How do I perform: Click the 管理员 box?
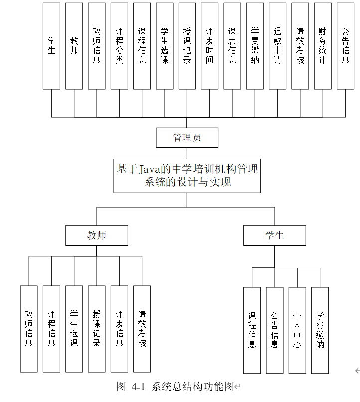[187, 138]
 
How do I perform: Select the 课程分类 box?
[119, 46]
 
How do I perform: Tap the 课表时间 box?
[209, 46]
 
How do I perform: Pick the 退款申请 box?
[277, 46]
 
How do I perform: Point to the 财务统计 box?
[323, 46]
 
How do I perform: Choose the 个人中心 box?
[297, 330]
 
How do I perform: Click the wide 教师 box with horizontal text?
[97, 235]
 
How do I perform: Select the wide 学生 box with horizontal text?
[274, 235]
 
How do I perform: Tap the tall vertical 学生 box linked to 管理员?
[51, 46]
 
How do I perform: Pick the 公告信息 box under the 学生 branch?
[275, 330]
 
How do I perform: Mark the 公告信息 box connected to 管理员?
[345, 46]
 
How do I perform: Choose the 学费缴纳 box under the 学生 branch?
[320, 330]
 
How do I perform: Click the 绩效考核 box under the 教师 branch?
[142, 329]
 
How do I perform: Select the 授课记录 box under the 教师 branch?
[97, 329]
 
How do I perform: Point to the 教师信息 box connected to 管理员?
[97, 46]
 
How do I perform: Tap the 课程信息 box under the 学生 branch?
[252, 330]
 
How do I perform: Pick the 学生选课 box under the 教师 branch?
[74, 329]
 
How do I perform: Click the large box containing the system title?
[187, 176]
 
